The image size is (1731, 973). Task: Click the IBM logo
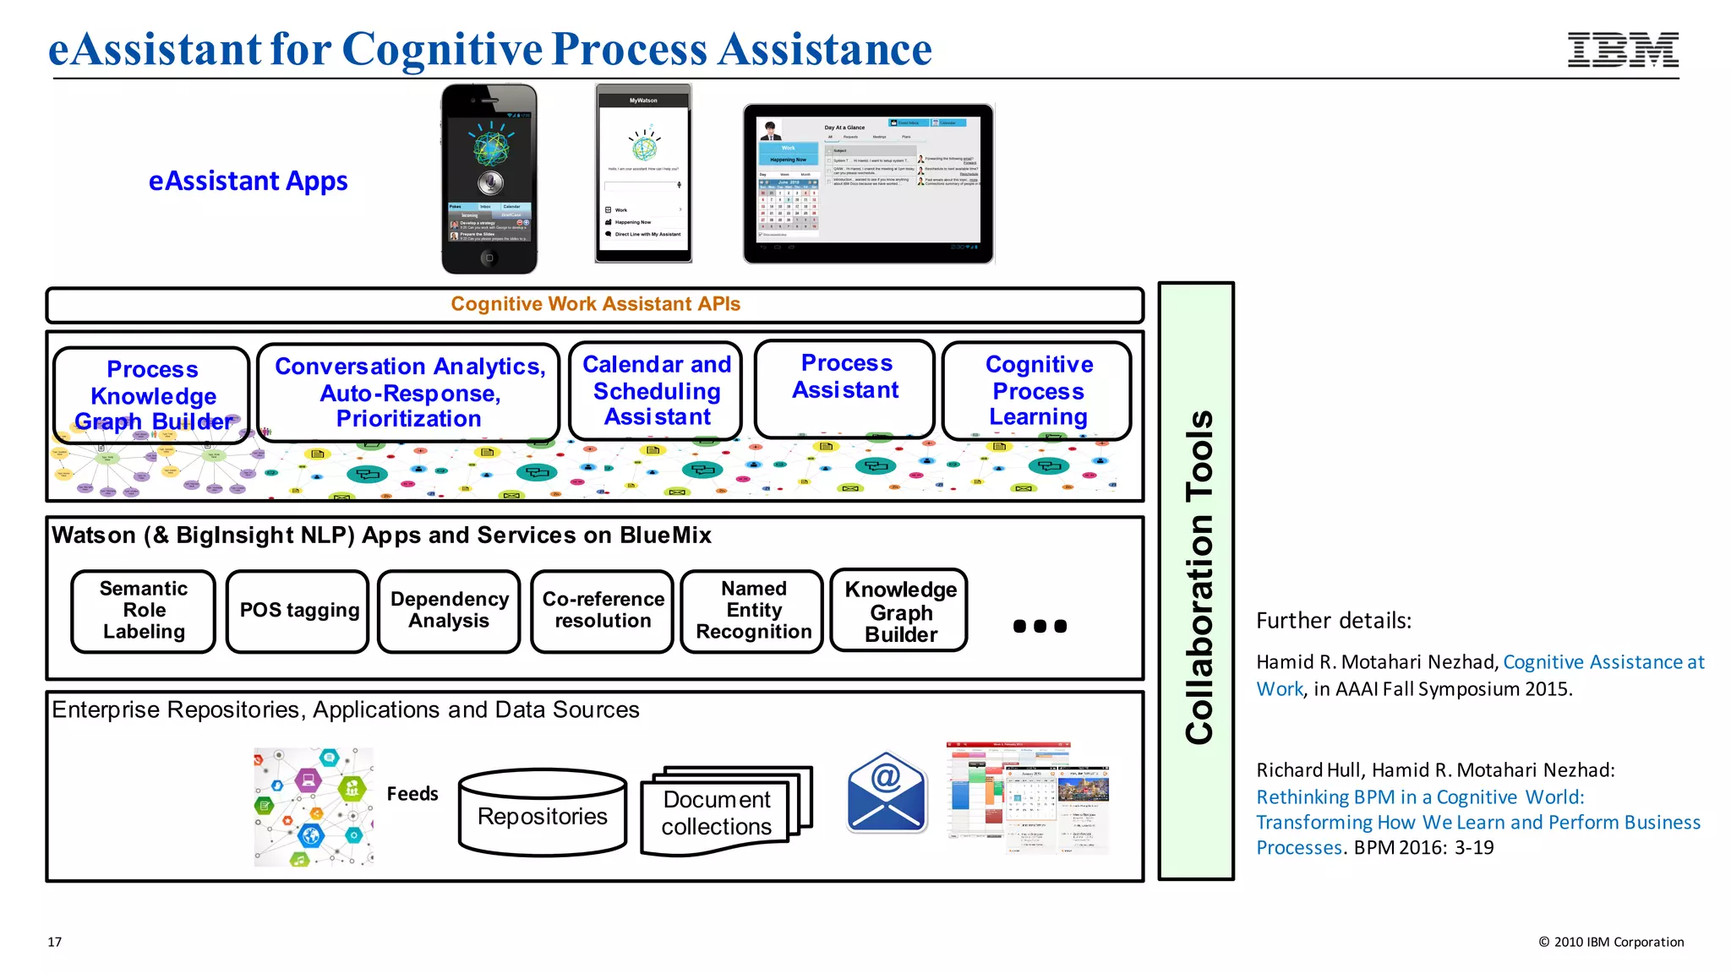click(1623, 50)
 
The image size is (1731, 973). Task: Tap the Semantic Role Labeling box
click(144, 611)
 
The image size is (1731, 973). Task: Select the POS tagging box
click(298, 611)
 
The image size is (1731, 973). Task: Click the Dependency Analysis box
click(449, 611)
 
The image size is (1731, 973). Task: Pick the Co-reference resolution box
click(603, 611)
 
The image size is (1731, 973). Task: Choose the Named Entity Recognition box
click(753, 611)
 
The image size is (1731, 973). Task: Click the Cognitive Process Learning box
click(1038, 391)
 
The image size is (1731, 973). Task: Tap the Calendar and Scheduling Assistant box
click(657, 391)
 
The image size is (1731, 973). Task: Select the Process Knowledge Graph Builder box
click(152, 395)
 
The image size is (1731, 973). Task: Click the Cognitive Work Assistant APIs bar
click(595, 305)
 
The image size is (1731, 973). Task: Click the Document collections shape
click(717, 813)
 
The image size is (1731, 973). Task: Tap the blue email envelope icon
click(887, 792)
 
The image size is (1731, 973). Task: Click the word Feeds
click(412, 794)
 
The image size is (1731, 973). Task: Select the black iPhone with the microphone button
click(489, 179)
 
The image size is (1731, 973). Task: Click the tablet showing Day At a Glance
click(868, 183)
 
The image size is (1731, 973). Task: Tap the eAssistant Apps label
click(248, 181)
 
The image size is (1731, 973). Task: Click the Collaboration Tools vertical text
click(1199, 579)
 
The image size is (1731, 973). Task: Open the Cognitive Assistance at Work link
click(1603, 662)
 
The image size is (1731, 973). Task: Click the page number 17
click(55, 942)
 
